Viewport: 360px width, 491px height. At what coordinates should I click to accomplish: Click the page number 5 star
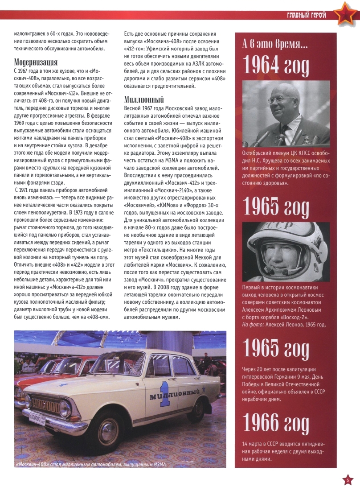[x=348, y=480]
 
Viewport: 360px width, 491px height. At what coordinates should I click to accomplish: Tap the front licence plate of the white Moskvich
[x=37, y=420]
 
